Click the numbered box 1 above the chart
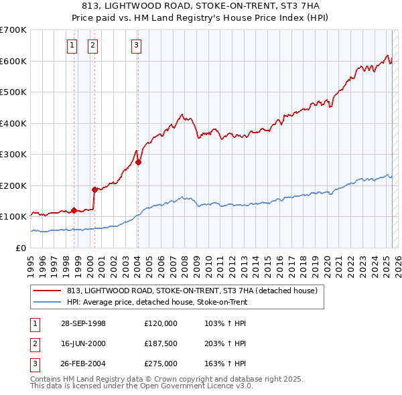[x=72, y=46]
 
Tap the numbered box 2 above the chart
[x=92, y=46]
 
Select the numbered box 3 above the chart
[x=136, y=46]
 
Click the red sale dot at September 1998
[x=73, y=210]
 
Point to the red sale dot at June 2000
[x=94, y=189]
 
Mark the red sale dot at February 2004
[x=138, y=161]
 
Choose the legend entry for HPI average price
[x=157, y=302]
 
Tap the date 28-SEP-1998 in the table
[x=83, y=323]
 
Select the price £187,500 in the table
[x=161, y=343]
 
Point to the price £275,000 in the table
[x=161, y=364]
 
